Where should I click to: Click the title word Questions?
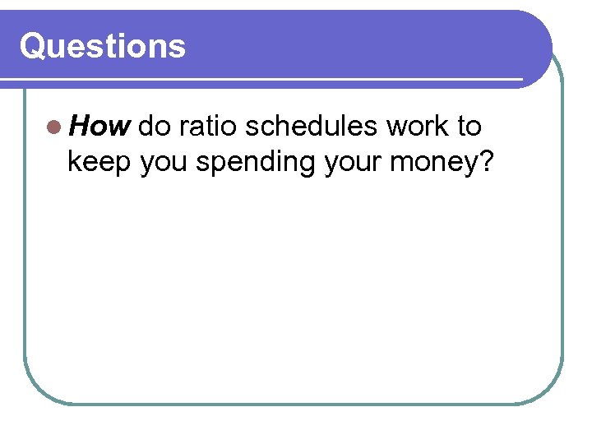pos(103,46)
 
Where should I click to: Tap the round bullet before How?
pos(53,127)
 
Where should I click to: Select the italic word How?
pos(99,127)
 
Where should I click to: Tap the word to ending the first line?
pos(469,127)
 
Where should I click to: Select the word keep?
pos(100,163)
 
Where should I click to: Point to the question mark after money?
pos(485,162)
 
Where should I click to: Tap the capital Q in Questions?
pos(33,46)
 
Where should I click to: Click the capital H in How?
pos(78,127)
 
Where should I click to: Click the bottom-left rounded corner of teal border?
pos(37,391)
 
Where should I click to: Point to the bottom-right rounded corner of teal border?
pos(551,391)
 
